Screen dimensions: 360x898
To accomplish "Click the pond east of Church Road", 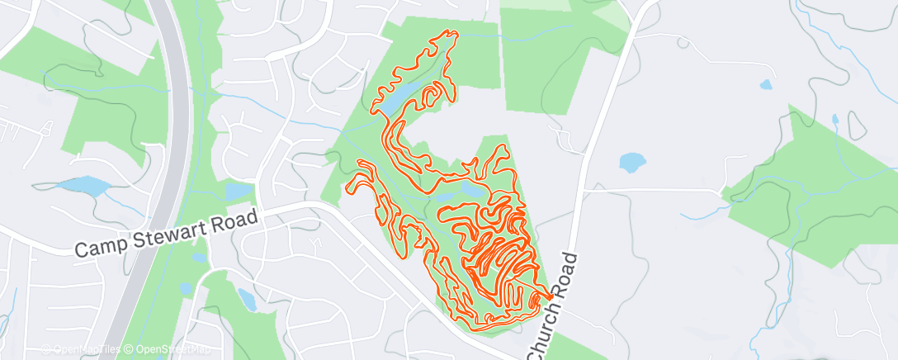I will [x=632, y=162].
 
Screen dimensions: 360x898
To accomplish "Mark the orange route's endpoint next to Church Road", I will [x=549, y=296].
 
